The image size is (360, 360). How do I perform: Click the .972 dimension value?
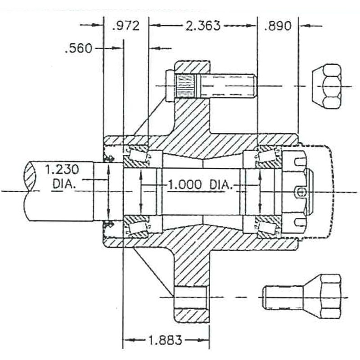(x=126, y=26)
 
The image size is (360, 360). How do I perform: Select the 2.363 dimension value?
(x=203, y=25)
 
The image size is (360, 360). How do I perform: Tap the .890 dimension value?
(x=278, y=26)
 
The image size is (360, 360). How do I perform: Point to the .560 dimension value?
(x=78, y=49)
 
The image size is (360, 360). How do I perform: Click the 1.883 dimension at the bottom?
(x=165, y=340)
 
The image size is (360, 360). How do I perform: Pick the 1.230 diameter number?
(x=62, y=170)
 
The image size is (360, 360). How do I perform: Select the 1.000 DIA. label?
(x=199, y=184)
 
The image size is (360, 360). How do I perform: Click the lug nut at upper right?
(x=326, y=86)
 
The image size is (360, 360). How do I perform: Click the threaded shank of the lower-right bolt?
(x=283, y=297)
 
